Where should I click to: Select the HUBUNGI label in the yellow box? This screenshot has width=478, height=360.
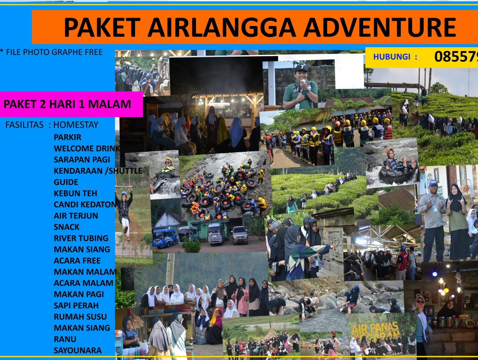(x=395, y=57)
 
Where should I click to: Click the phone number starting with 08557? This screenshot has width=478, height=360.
(x=456, y=57)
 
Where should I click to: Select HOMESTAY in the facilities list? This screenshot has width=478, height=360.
(x=76, y=125)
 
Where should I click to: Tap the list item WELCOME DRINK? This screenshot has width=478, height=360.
(x=86, y=148)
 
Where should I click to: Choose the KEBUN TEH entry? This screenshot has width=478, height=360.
(x=75, y=193)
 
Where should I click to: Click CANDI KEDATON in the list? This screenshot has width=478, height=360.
(x=84, y=205)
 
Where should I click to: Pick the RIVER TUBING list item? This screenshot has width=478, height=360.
(x=81, y=238)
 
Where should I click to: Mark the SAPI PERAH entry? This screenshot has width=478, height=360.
(x=76, y=306)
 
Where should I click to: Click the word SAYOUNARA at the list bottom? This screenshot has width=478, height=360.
(x=77, y=351)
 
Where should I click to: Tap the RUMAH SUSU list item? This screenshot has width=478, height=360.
(x=80, y=317)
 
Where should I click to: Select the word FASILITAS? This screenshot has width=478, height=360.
(x=25, y=125)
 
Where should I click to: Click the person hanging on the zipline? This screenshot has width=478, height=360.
(x=125, y=211)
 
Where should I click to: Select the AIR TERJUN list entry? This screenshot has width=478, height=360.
(x=76, y=216)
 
